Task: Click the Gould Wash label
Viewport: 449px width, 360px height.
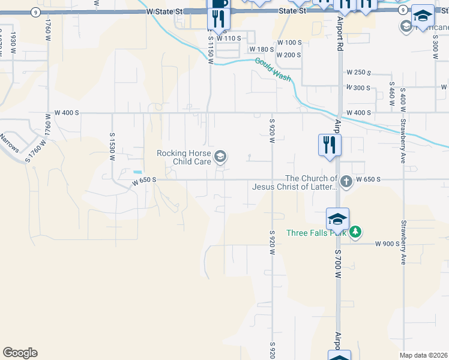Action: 273,70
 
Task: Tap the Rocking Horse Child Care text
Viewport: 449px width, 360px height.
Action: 185,157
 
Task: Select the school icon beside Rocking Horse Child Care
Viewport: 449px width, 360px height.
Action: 220,157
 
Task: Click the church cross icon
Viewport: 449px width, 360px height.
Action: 346,181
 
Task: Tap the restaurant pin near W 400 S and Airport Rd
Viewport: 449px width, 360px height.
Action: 329,145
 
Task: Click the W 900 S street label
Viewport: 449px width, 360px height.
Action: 387,244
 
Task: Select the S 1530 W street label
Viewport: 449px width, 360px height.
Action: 112,146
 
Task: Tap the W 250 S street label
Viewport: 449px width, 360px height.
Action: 359,73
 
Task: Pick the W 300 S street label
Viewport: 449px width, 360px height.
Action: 359,88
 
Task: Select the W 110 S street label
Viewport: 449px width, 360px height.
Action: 229,38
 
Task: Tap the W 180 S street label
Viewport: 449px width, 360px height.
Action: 262,49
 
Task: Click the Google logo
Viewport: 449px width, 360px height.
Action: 20,353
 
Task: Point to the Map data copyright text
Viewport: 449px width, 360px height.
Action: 423,355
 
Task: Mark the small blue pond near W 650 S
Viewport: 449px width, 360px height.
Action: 137,172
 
